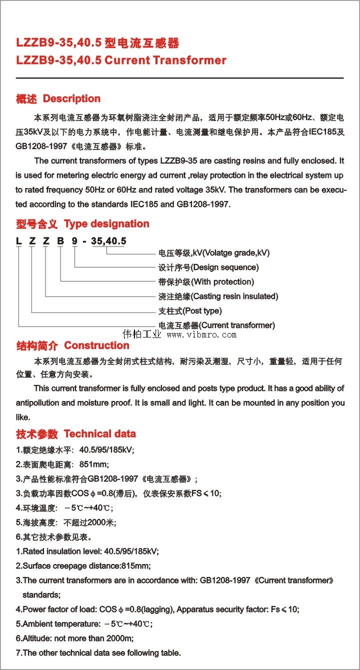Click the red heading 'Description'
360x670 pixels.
coord(71,98)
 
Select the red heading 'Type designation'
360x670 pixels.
coord(106,223)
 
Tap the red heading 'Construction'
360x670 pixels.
coord(96,345)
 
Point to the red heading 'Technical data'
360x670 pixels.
coord(99,433)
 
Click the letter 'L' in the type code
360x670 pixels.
coord(19,241)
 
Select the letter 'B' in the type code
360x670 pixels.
coord(60,241)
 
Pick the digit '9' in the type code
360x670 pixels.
coord(74,241)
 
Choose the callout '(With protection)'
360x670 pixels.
coord(222,281)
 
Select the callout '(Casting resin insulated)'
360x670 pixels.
coord(234,296)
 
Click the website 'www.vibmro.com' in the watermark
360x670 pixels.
coord(201,334)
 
